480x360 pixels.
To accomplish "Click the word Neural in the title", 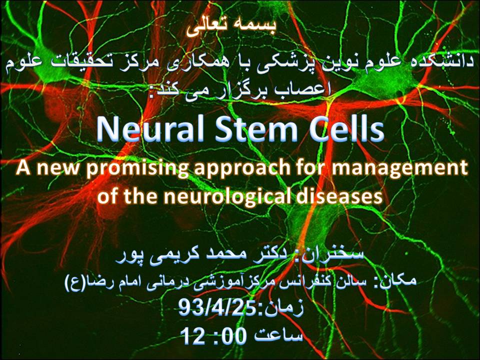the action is click(150, 128).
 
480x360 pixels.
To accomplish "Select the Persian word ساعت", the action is click(278, 335).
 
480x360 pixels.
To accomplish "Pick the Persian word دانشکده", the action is click(443, 60).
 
